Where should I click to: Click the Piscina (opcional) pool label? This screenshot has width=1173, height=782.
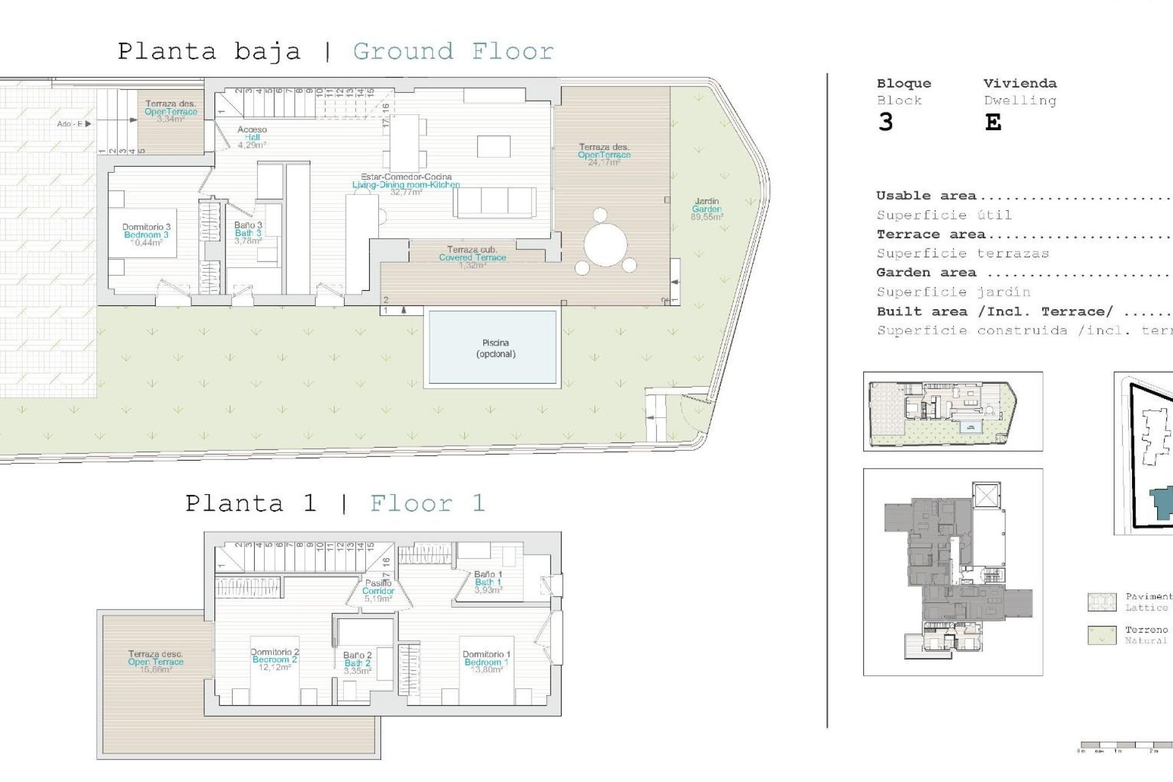pyautogui.click(x=495, y=348)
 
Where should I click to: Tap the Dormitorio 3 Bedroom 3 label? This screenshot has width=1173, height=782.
pyautogui.click(x=146, y=235)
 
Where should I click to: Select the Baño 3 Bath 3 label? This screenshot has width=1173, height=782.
pyautogui.click(x=248, y=233)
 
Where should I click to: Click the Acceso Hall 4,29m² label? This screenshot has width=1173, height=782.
pyautogui.click(x=252, y=137)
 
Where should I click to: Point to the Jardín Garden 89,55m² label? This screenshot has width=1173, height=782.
pyautogui.click(x=707, y=209)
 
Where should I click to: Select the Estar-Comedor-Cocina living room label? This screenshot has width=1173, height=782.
pyautogui.click(x=406, y=184)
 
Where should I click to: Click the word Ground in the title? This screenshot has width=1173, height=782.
pyautogui.click(x=403, y=51)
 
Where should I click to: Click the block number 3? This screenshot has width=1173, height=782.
pyautogui.click(x=885, y=123)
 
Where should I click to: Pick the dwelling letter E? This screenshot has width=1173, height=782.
pyautogui.click(x=993, y=123)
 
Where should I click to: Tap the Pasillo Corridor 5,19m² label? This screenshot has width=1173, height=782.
pyautogui.click(x=378, y=591)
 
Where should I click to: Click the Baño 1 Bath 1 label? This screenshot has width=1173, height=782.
pyautogui.click(x=488, y=582)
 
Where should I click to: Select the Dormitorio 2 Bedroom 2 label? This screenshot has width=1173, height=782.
pyautogui.click(x=274, y=659)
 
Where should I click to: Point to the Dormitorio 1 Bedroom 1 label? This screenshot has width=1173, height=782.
pyautogui.click(x=486, y=662)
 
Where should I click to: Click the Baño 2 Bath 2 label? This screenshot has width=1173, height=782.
pyautogui.click(x=357, y=663)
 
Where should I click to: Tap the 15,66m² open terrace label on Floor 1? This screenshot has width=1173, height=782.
pyautogui.click(x=155, y=662)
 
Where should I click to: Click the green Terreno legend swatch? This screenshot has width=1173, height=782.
pyautogui.click(x=1102, y=635)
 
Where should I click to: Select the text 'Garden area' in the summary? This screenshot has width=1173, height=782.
pyautogui.click(x=926, y=273)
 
